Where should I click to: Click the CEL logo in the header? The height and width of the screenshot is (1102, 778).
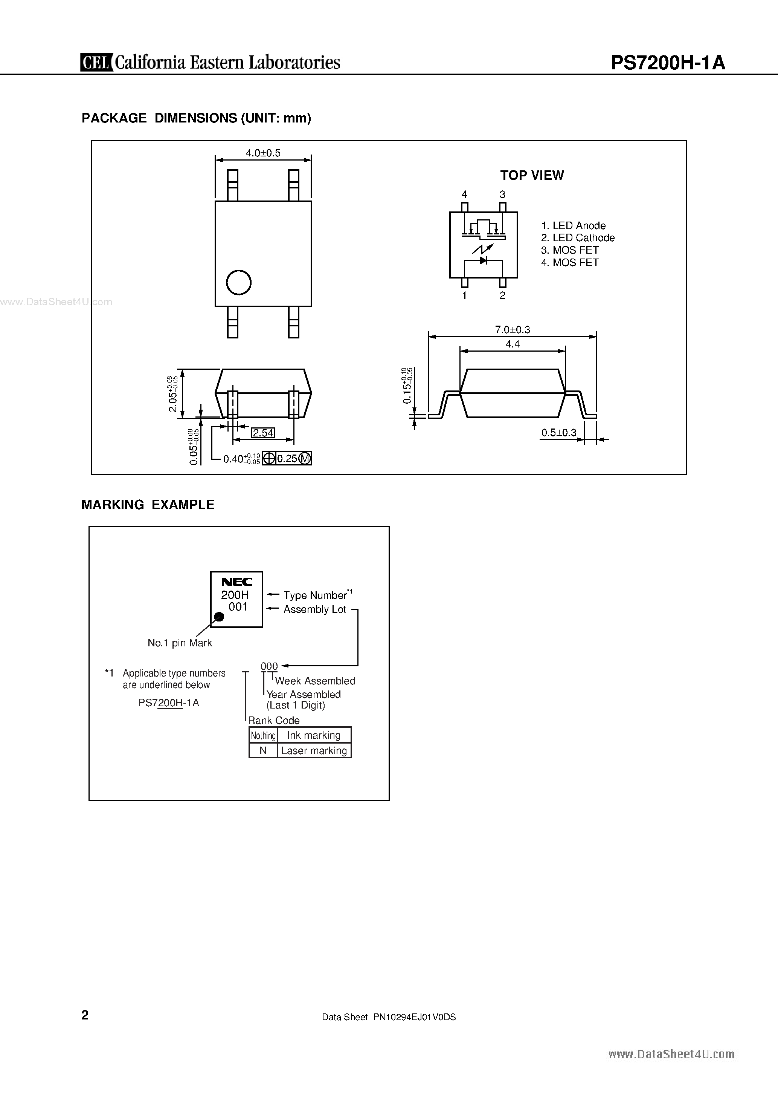96,63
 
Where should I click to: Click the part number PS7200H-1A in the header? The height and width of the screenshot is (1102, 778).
668,63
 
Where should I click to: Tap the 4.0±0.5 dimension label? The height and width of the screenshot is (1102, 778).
263,153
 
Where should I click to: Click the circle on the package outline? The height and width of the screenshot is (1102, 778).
238,282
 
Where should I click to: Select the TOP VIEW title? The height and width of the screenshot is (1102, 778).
532,175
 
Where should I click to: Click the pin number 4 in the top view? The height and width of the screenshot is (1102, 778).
464,194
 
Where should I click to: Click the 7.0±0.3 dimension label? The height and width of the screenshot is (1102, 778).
512,330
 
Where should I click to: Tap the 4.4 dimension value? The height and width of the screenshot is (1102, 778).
512,344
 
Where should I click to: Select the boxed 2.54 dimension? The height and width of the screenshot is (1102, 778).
263,433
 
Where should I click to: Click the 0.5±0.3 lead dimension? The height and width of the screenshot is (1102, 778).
559,432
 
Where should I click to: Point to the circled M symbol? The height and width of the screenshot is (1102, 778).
305,458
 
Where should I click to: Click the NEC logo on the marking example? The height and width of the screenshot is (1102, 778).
236,582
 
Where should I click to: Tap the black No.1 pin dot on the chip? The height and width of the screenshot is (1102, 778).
219,617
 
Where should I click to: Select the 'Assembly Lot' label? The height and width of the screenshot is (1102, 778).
315,609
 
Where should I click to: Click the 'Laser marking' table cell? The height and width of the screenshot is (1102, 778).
314,751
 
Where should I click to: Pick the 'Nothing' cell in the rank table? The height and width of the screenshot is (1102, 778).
263,735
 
